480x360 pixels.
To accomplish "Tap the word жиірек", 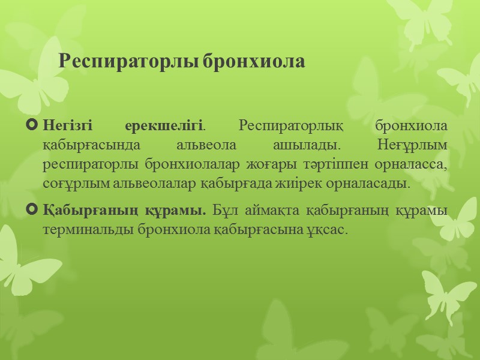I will (x=310, y=184).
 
